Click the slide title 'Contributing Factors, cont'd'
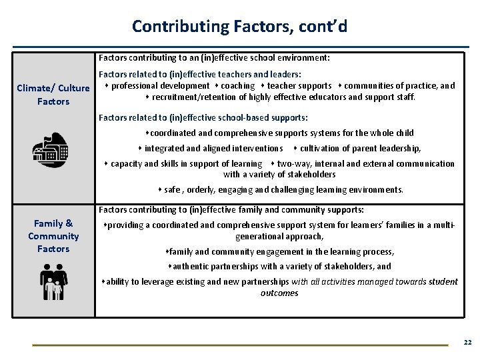tap(239, 26)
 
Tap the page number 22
tap(467, 342)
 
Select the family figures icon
tap(52, 281)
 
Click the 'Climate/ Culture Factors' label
tap(53, 95)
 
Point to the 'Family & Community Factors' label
tap(53, 236)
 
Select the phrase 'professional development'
tap(160, 85)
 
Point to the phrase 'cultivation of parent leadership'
tap(359, 148)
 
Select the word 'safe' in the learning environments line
tap(172, 189)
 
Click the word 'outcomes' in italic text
tap(279, 293)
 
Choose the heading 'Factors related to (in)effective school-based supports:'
tap(203, 118)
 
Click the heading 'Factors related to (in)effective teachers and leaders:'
tap(199, 74)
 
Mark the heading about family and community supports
tap(231, 209)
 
